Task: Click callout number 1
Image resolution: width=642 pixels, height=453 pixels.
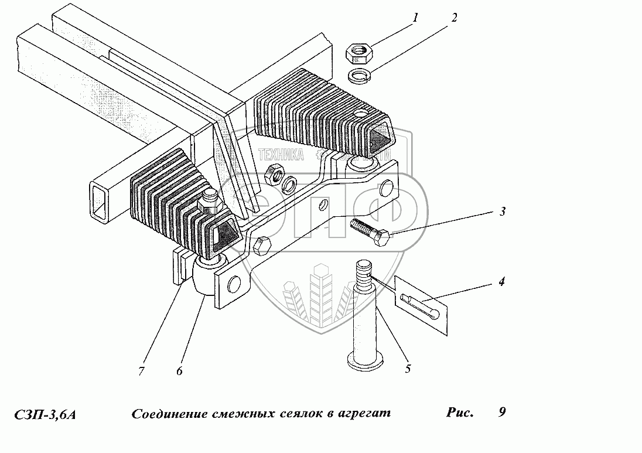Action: click(x=415, y=18)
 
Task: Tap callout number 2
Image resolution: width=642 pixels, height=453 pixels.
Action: click(x=454, y=18)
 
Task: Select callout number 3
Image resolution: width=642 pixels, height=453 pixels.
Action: click(x=502, y=211)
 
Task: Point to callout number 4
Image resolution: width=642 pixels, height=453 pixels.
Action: click(x=502, y=281)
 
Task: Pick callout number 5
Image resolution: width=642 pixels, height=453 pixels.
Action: click(x=408, y=369)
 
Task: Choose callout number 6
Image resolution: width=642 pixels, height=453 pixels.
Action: click(x=179, y=370)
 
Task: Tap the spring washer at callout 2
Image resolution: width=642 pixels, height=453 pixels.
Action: click(x=359, y=76)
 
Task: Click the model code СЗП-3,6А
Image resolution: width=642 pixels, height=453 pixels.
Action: click(x=45, y=414)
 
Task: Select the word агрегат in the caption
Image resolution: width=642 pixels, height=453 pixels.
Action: click(x=363, y=414)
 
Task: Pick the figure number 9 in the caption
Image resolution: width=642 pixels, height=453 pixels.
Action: click(x=502, y=412)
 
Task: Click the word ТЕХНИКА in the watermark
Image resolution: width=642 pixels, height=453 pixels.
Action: click(x=281, y=154)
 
